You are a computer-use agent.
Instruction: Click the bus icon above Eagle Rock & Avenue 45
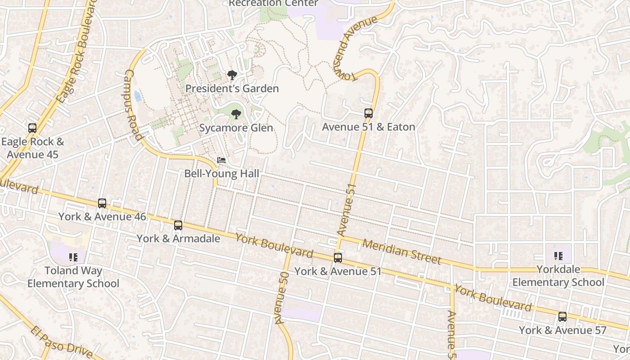[x=32, y=128]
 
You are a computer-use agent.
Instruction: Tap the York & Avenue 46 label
[x=102, y=216]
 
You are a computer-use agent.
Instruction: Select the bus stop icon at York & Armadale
[x=178, y=225]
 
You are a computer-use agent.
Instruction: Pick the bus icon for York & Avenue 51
[x=337, y=258]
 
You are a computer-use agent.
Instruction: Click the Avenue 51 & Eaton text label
[x=368, y=127]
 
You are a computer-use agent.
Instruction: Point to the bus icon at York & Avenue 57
[x=562, y=316]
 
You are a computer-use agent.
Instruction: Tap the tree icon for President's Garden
[x=232, y=75]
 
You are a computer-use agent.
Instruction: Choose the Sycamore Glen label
[x=236, y=128]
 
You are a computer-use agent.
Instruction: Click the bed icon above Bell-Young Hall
[x=221, y=160]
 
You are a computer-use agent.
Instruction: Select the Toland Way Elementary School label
[x=73, y=277]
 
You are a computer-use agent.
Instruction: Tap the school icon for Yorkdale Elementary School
[x=558, y=256]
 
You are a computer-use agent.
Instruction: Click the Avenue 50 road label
[x=281, y=298]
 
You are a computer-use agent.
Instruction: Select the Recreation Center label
[x=273, y=4]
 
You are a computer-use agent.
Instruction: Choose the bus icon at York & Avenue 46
[x=102, y=203]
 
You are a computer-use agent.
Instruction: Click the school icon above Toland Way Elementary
[x=73, y=257]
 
